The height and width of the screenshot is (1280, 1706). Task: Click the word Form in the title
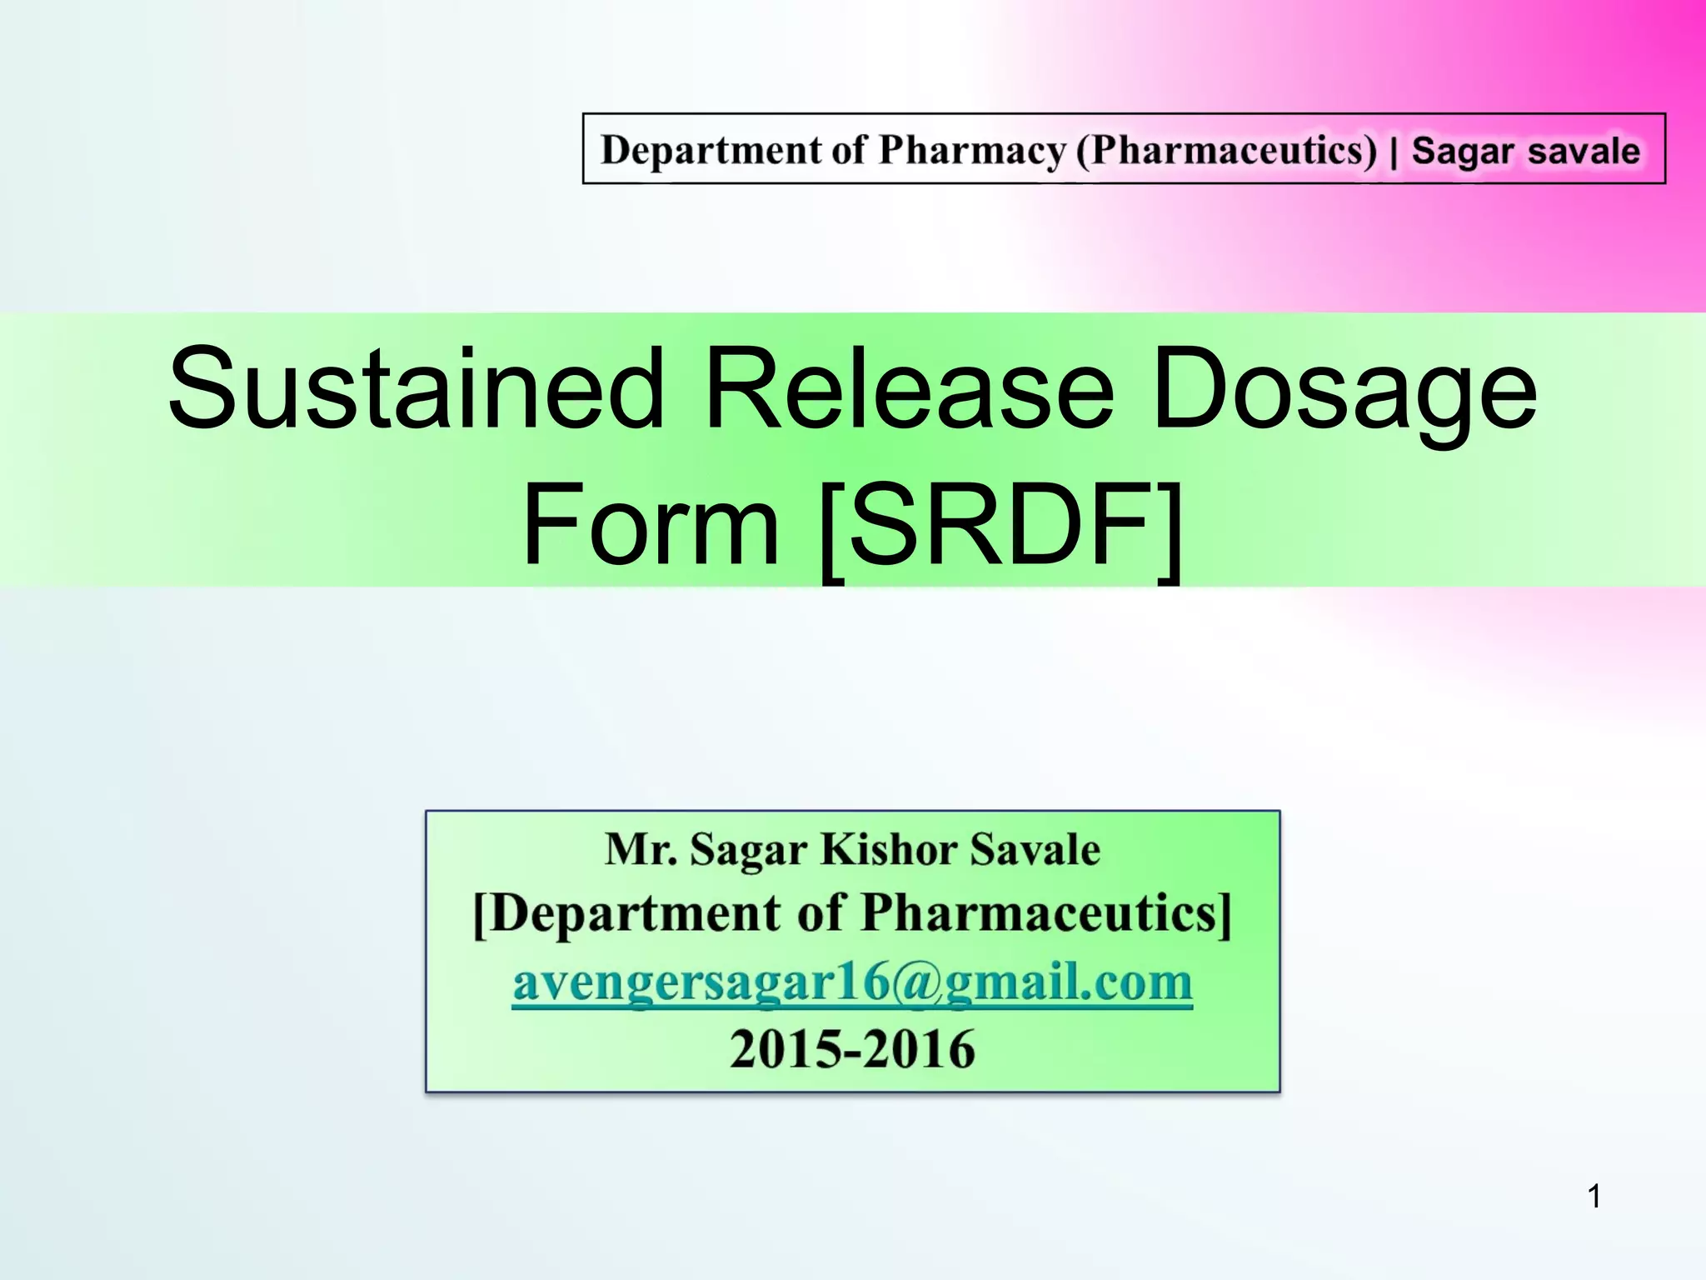(650, 525)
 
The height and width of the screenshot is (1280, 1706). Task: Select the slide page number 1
(1594, 1197)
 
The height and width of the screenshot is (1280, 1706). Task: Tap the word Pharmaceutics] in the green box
(1045, 914)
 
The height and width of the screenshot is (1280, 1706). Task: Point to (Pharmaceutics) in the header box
(1227, 150)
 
